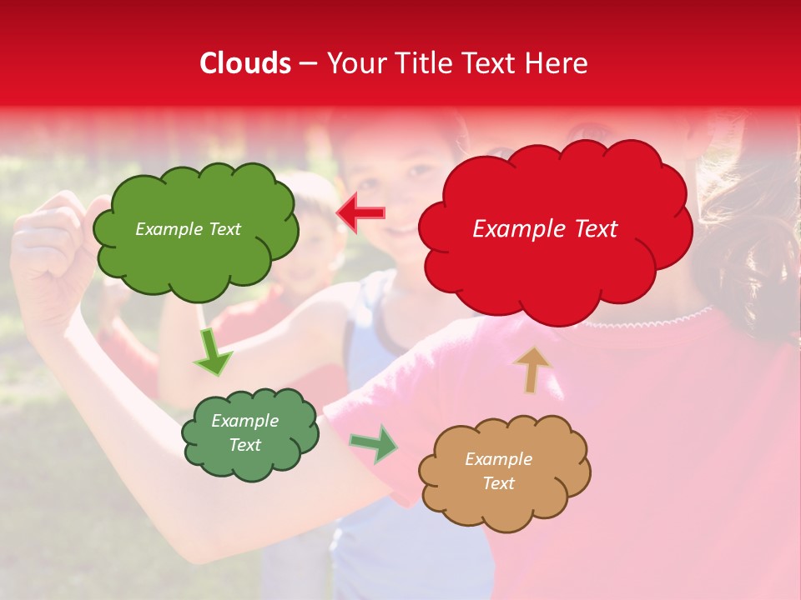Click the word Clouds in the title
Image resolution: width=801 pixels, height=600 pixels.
246,63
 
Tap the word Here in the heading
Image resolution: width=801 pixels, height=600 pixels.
557,63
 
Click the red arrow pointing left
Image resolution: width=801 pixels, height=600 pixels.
360,212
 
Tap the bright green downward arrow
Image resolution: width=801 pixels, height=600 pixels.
212,353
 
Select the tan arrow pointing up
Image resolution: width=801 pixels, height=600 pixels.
532,368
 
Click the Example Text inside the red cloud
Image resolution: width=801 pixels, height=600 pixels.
545,229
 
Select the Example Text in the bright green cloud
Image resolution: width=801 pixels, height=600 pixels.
188,229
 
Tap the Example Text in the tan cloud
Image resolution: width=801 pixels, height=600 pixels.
498,471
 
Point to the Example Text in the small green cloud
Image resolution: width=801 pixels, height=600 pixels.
244,433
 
